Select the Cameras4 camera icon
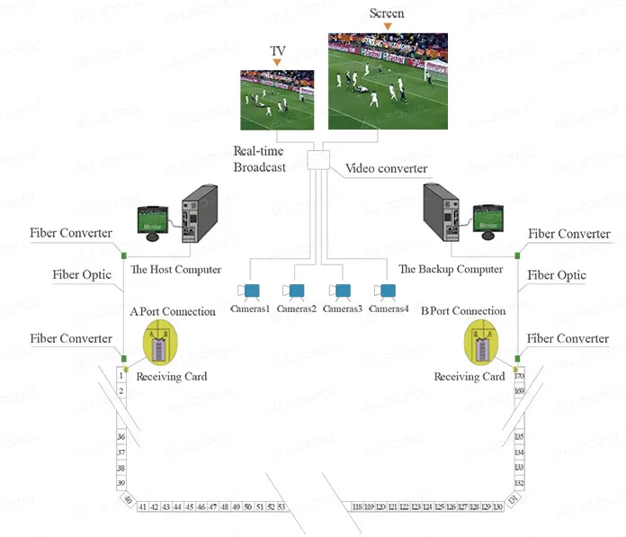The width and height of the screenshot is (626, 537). [388, 291]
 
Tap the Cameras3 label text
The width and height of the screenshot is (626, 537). [342, 309]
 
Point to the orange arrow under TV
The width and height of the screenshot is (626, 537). [277, 62]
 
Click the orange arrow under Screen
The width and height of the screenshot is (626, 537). [388, 26]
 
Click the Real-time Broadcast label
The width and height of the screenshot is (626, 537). [260, 159]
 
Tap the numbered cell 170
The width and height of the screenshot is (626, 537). [519, 376]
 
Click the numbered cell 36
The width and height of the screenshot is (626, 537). [121, 436]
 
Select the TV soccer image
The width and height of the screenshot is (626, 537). [277, 101]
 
